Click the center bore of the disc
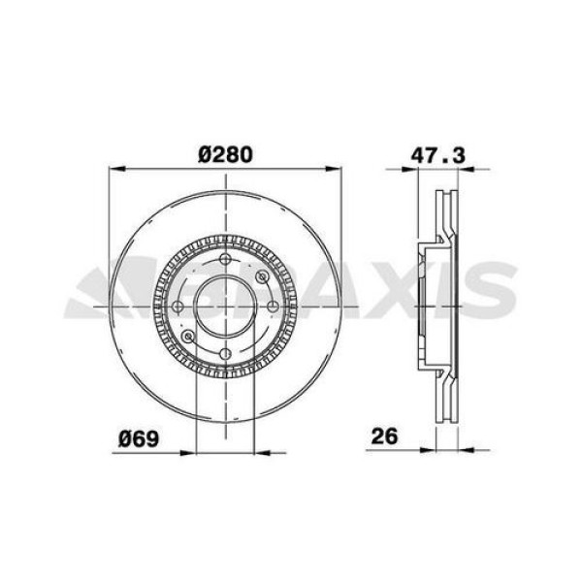pos(226,307)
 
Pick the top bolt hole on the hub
pos(226,260)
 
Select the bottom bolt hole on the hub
pos(226,353)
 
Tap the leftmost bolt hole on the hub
pos(178,307)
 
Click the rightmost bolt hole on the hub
pos(273,307)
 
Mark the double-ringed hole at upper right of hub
pos(262,277)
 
